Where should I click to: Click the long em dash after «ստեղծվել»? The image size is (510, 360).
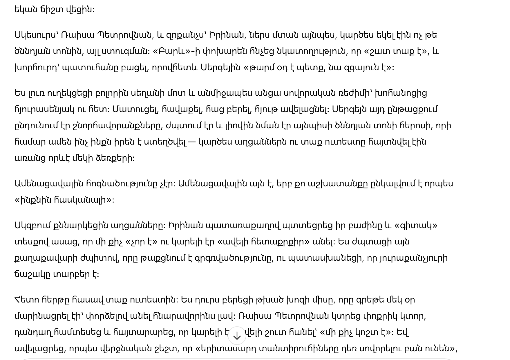(x=192, y=142)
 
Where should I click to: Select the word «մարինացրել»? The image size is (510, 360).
(x=42, y=316)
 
